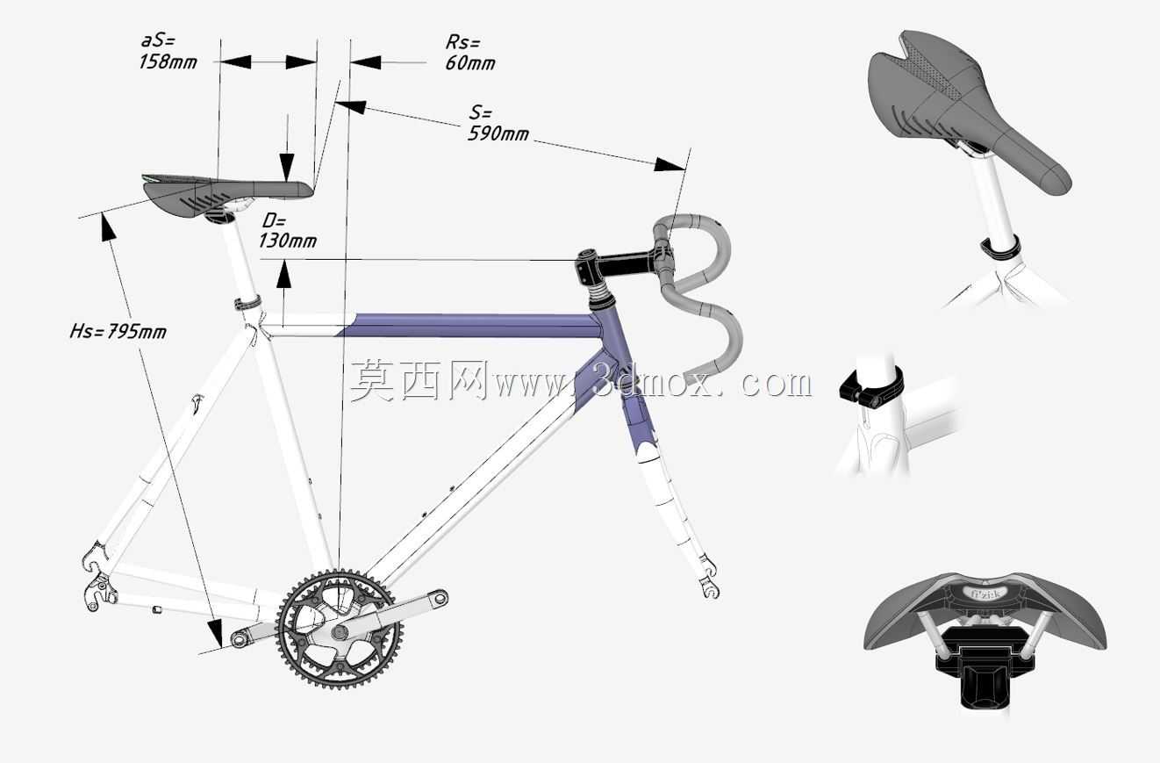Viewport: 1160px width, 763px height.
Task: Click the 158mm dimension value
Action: tap(168, 62)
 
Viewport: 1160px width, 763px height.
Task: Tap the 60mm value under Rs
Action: tap(470, 63)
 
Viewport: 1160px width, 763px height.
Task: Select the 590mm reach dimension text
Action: tap(498, 133)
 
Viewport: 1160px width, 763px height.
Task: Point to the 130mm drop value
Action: tap(288, 241)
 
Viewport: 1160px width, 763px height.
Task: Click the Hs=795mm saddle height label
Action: tap(118, 331)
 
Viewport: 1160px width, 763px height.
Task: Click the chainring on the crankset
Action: tap(340, 630)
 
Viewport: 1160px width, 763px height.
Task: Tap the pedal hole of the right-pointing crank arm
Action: tap(440, 598)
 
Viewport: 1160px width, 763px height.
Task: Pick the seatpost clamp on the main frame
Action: tap(247, 303)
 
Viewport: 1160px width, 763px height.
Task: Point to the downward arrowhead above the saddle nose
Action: tap(287, 167)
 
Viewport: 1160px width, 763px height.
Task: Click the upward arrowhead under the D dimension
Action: tap(283, 275)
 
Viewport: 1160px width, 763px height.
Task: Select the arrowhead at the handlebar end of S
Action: tap(670, 164)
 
